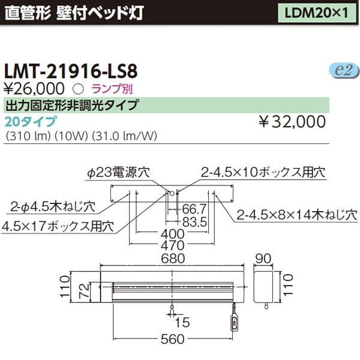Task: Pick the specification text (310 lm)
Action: click(26, 136)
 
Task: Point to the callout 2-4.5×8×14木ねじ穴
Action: click(296, 214)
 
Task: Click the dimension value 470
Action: click(173, 246)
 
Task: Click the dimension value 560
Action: click(173, 340)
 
